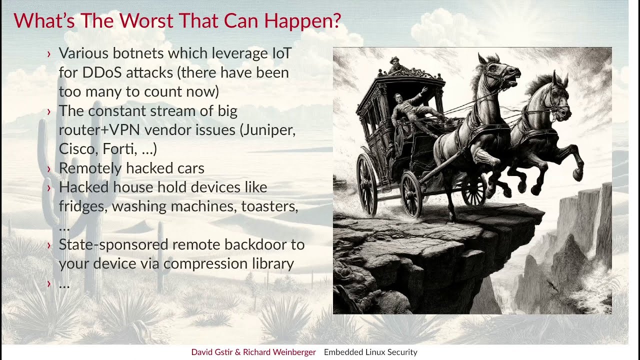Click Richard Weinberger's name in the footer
279,352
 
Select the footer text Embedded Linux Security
370,352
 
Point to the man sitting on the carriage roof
396,65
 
